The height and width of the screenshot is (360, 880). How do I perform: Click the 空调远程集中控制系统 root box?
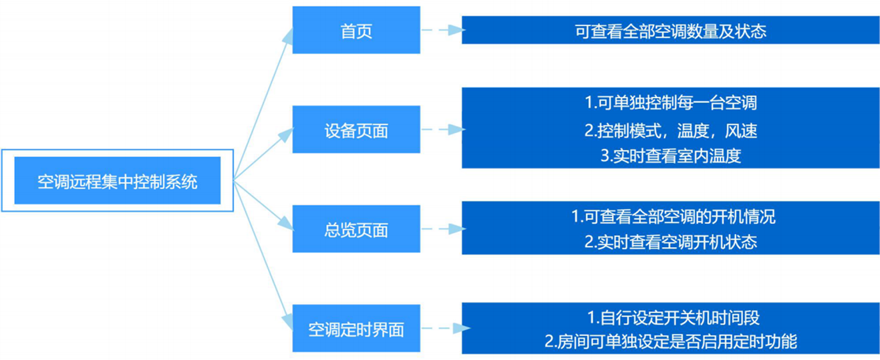(118, 180)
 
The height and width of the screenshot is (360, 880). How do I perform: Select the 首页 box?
(356, 30)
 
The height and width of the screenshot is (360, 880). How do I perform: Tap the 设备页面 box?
(356, 129)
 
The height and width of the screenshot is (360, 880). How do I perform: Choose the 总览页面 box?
(356, 228)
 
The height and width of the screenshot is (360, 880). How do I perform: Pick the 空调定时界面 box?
(356, 328)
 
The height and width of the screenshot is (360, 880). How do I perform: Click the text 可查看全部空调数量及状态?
(671, 31)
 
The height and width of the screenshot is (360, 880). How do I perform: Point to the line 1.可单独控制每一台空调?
(671, 102)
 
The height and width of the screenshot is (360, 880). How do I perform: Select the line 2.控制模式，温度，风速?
(671, 131)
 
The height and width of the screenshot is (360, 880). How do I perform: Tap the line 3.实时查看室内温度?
(671, 156)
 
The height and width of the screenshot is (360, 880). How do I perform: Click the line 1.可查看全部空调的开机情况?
(673, 216)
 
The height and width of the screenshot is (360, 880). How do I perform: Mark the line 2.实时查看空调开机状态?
(671, 242)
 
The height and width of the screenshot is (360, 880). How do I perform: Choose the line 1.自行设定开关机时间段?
(673, 318)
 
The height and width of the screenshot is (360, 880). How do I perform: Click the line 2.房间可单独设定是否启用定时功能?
(671, 341)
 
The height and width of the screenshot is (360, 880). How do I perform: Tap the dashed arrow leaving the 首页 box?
(444, 30)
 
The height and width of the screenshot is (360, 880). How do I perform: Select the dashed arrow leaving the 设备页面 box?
(444, 129)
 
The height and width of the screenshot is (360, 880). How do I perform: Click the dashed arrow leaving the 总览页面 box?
(444, 228)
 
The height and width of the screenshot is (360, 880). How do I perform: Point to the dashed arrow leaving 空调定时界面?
(446, 328)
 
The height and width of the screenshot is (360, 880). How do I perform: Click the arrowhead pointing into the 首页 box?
(289, 36)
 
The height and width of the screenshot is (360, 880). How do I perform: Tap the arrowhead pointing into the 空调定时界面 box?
(289, 323)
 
